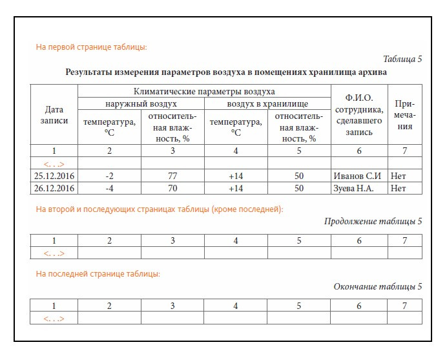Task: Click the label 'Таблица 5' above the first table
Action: (x=402, y=59)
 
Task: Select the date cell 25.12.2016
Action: (x=54, y=176)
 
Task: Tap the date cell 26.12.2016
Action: (x=54, y=188)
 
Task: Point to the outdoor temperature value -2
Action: (x=109, y=176)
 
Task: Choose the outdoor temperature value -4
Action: (x=109, y=188)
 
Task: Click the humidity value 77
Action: (x=172, y=176)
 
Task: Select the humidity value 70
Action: (x=172, y=188)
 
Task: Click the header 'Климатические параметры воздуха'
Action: (x=204, y=91)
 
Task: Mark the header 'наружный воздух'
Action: (x=141, y=103)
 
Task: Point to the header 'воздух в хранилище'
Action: (x=267, y=103)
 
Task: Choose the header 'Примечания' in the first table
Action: (x=405, y=115)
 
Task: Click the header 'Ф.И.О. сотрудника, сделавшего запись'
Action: (x=359, y=115)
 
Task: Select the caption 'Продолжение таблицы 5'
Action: (x=373, y=222)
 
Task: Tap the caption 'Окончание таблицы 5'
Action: (x=377, y=286)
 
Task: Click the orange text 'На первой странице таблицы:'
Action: (x=91, y=47)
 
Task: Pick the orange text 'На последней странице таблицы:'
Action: (x=98, y=274)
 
